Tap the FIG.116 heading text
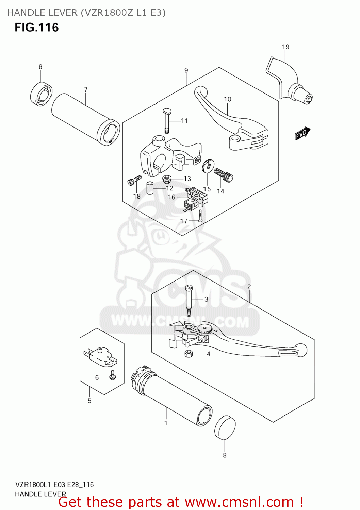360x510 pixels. pos(37,28)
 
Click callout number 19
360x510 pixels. pos(285,47)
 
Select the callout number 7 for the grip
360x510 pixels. pos(86,90)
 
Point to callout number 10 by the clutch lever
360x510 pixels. pos(228,99)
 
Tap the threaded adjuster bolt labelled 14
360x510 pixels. pos(224,175)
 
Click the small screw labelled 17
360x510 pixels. pos(200,216)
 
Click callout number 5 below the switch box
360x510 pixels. pos(89,401)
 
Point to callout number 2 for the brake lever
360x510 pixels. pos(249,287)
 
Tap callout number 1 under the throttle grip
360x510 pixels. pos(166,423)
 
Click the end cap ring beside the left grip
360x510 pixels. pos(41,94)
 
